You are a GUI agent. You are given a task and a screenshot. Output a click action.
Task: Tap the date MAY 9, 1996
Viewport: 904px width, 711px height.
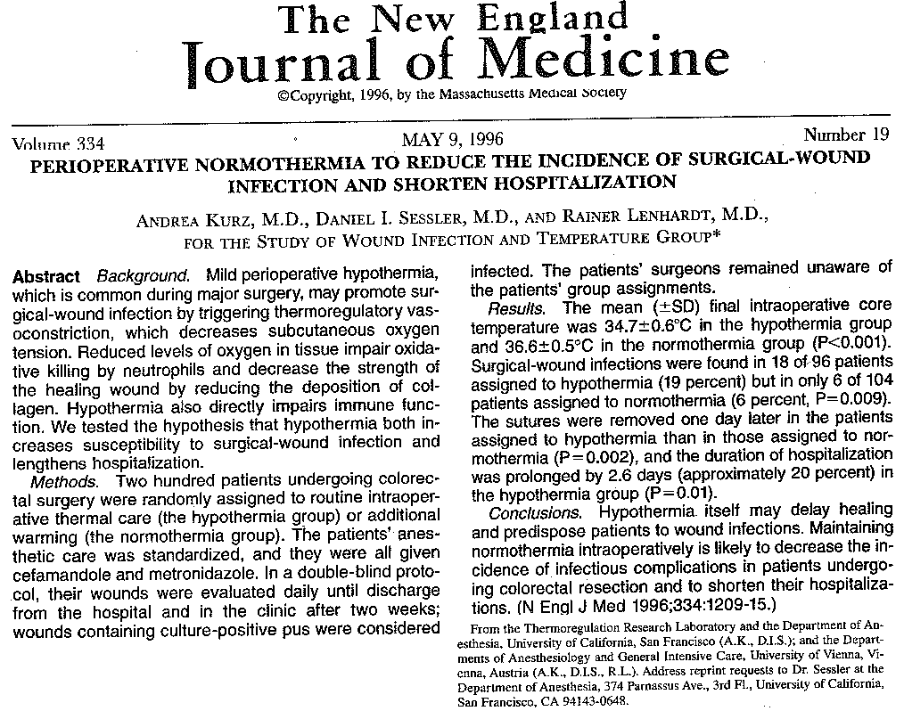[x=453, y=140]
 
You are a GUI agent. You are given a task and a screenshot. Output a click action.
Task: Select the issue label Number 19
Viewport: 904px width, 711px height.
[x=846, y=135]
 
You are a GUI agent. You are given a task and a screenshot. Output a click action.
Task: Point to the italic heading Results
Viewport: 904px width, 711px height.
[x=516, y=308]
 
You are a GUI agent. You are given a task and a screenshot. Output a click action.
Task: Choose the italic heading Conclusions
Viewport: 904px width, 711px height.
[x=534, y=513]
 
